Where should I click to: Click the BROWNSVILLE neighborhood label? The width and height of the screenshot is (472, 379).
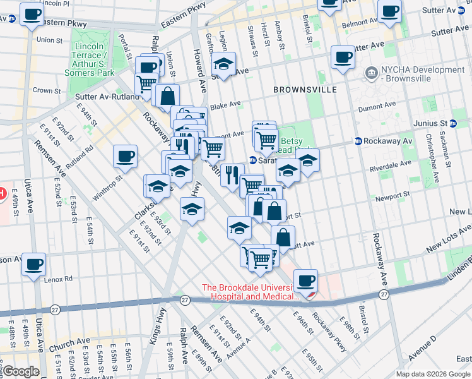tap(305, 90)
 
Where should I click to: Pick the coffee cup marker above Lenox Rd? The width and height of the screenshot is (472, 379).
tap(33, 263)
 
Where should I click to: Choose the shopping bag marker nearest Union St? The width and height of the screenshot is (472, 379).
tap(168, 96)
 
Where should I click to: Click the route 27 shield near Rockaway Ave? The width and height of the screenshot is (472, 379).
tap(384, 294)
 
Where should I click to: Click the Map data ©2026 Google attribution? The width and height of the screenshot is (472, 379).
tap(433, 374)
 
